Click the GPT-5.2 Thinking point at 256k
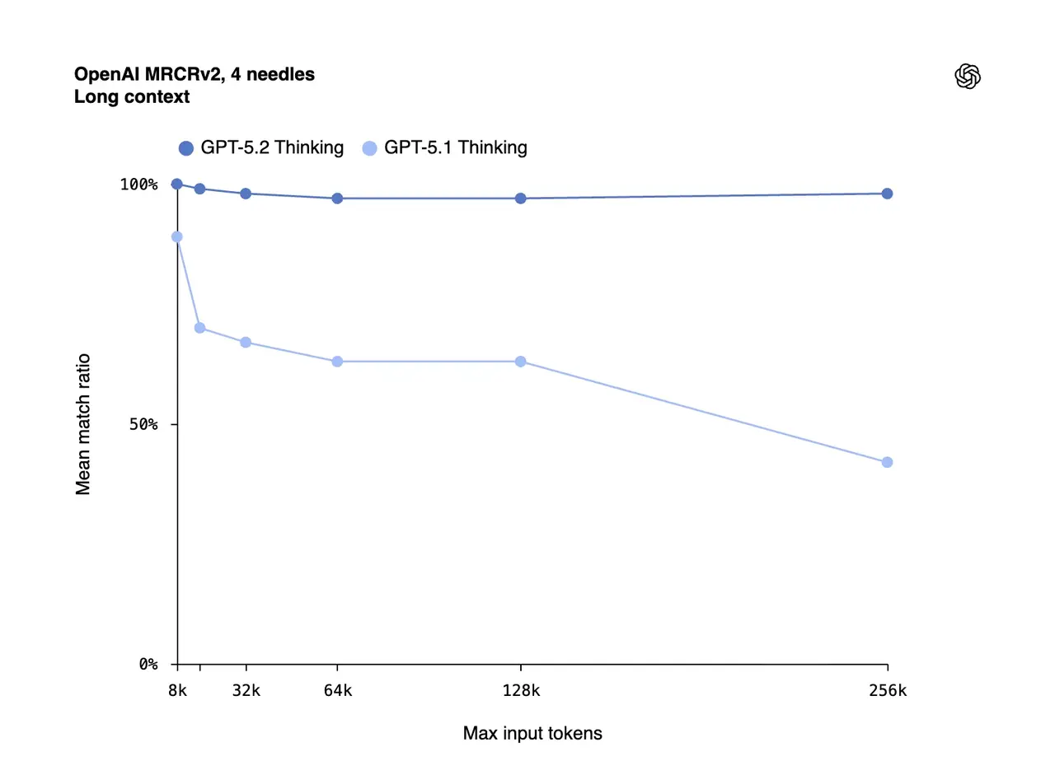[887, 194]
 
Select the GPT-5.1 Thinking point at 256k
[887, 462]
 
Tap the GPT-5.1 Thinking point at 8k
[176, 237]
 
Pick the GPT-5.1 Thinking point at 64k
[337, 362]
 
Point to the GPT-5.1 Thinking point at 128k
[521, 362]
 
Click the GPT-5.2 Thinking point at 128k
[521, 198]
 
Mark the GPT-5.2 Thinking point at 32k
[246, 194]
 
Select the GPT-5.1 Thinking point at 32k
[246, 342]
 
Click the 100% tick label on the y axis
[138, 184]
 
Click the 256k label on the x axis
[888, 691]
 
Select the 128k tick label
[521, 691]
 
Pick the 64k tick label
[337, 691]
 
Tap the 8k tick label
[177, 691]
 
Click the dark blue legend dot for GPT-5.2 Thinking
[186, 148]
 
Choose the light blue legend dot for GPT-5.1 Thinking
[370, 148]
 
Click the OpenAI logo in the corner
[967, 77]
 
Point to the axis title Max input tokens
[532, 733]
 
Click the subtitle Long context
[132, 96]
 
